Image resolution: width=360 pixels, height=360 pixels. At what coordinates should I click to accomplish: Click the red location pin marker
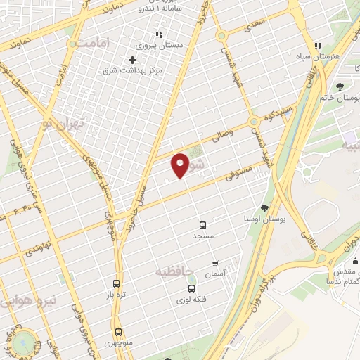coord(180,165)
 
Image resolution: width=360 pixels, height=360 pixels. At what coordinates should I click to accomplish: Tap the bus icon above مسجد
coord(203,226)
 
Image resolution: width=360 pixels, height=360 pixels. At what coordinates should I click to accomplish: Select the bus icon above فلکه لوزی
coord(191,288)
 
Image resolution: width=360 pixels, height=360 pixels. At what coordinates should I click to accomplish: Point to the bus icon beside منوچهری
coord(118,331)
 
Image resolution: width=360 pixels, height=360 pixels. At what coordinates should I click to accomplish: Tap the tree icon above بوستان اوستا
coord(264,208)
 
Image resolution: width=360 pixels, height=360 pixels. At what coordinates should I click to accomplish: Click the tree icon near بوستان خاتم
coord(340,86)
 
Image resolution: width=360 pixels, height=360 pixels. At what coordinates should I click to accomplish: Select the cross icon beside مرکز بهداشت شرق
coord(132,60)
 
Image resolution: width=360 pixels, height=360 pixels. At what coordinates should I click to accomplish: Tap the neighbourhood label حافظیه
coord(173,270)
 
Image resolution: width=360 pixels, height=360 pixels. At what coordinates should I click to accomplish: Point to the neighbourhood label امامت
coord(94,42)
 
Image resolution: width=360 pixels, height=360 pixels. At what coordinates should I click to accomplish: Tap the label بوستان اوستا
coord(265,219)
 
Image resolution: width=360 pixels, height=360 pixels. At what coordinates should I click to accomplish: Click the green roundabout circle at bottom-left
coord(27,345)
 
